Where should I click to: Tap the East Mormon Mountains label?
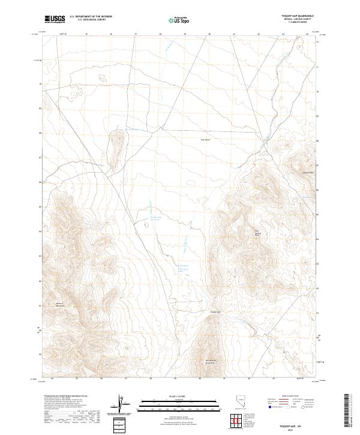coord(210,362)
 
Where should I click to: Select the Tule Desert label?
coord(206,140)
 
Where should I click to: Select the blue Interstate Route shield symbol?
coord(269,407)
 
